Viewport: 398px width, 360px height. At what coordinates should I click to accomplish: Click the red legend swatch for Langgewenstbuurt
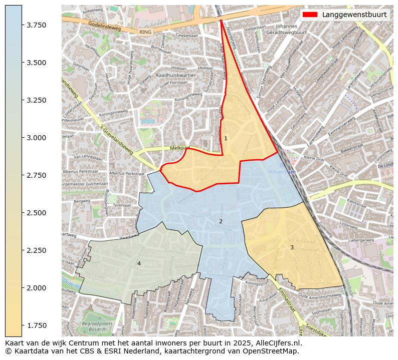(x=310, y=15)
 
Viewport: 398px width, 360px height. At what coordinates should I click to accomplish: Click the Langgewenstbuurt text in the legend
(x=354, y=15)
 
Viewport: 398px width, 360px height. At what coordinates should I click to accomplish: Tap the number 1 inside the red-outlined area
(x=226, y=138)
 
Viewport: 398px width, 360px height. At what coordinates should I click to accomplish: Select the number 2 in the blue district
(x=221, y=221)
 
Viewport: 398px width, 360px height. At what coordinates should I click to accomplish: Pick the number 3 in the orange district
(x=292, y=247)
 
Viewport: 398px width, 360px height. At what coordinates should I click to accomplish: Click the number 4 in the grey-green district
(x=139, y=263)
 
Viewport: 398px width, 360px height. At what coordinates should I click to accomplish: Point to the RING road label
(x=145, y=32)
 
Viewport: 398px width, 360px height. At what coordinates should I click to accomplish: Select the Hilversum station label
(x=282, y=172)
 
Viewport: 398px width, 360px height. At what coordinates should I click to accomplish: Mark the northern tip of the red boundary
(x=221, y=20)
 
